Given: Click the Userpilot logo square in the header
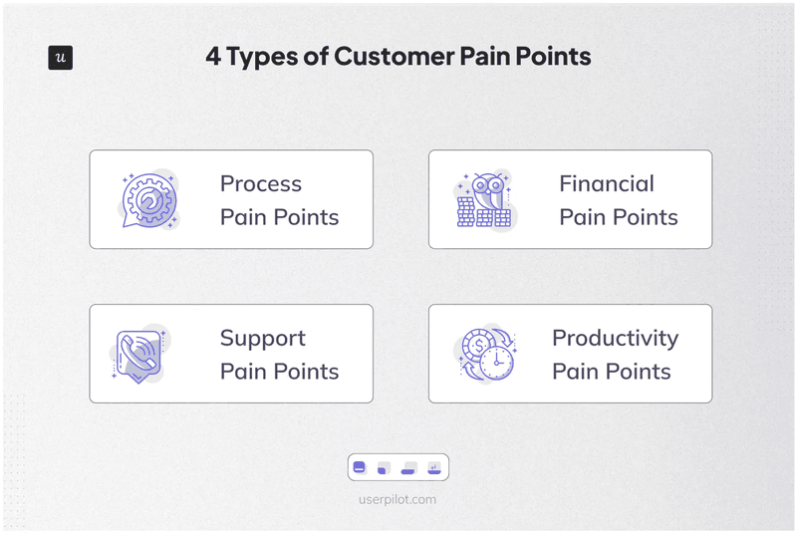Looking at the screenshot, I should coord(61,58).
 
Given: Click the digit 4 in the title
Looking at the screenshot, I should coord(213,57).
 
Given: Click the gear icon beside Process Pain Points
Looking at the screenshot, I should coord(149,198).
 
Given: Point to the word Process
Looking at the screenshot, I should coord(261,184).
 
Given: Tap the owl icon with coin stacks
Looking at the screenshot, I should coord(485,198).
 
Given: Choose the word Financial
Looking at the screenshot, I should coord(607,184).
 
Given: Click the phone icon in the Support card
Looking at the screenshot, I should coord(138,354).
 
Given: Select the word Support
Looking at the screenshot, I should coord(263,339).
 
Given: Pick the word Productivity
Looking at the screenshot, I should coord(615,338).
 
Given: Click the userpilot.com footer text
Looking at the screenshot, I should coord(398,499).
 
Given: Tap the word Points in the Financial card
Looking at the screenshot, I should coord(645,217).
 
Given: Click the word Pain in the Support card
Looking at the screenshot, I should coord(240,372).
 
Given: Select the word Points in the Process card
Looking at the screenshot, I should coord(306,217).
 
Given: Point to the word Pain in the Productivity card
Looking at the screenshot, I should coord(573,372).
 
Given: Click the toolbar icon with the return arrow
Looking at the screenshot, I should coord(434,467).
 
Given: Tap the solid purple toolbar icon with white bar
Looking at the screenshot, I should coord(360,467).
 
